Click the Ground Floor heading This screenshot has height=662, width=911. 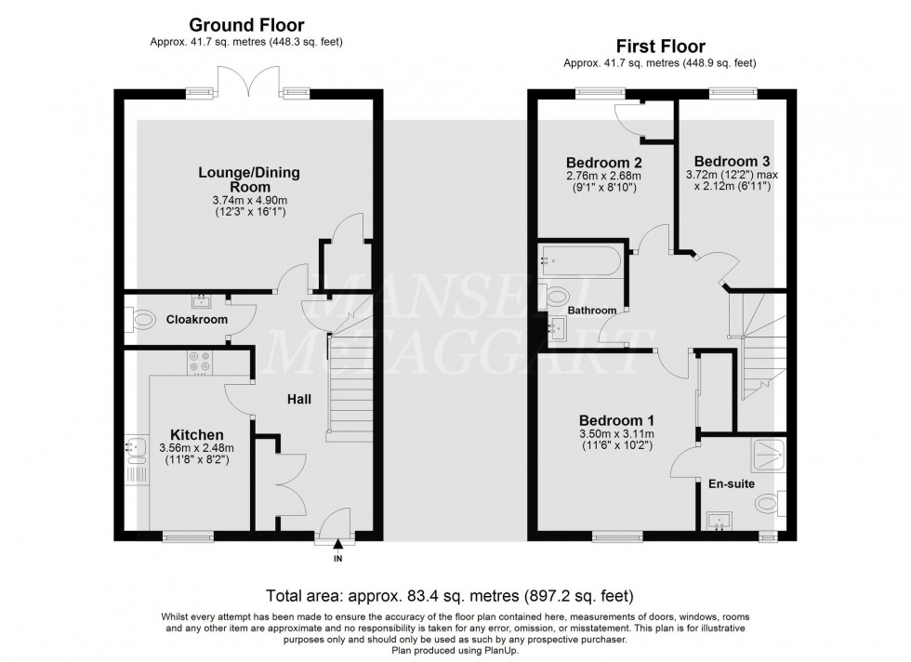point(246,24)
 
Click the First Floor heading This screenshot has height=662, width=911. point(659,46)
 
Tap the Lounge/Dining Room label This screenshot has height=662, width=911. point(249,179)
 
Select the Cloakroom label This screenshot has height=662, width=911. point(197,319)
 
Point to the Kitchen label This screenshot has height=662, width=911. point(196,434)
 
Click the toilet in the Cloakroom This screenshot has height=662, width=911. point(140,321)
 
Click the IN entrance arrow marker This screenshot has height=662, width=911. point(337,547)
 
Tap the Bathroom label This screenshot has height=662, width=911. point(592,310)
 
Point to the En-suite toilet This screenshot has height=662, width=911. point(769,503)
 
